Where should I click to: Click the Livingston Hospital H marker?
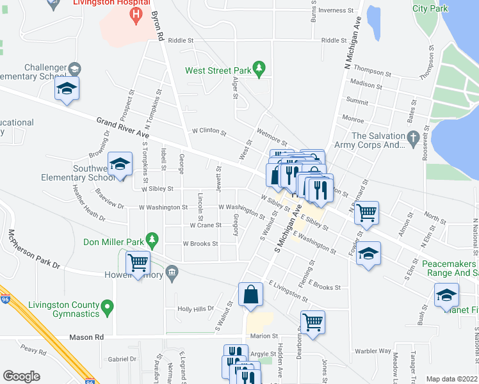(135, 14)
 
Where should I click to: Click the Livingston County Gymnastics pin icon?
(108, 307)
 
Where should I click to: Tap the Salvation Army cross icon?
(414, 138)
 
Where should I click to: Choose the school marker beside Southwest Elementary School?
(120, 164)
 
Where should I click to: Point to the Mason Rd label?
(90, 337)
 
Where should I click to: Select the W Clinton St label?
(209, 132)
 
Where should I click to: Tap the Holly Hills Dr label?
(196, 308)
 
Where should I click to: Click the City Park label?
(430, 8)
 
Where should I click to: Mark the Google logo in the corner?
(22, 376)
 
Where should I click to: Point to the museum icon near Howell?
(172, 275)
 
